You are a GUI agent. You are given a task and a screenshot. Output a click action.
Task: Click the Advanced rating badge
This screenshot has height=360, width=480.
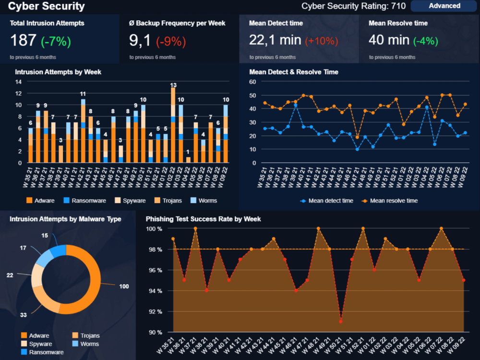(x=444, y=6)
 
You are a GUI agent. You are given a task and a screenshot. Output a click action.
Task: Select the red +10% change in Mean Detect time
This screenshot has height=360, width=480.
(x=322, y=41)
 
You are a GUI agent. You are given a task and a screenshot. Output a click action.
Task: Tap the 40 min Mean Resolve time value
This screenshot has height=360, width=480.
(x=388, y=41)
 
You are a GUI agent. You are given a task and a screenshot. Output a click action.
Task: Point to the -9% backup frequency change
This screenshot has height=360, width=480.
(x=171, y=41)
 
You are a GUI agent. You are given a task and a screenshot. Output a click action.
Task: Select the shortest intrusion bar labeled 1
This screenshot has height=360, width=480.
(x=188, y=160)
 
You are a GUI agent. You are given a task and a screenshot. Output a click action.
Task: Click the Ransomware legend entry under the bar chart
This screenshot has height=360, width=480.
(x=84, y=201)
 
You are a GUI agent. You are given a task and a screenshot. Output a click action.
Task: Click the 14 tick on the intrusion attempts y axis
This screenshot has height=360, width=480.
(x=19, y=82)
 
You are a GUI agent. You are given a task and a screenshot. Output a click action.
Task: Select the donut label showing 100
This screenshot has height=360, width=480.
(x=124, y=287)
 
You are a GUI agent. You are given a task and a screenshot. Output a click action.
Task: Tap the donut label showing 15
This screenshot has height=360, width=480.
(x=44, y=235)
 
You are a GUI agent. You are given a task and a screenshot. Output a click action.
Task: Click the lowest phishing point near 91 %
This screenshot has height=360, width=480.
(x=340, y=321)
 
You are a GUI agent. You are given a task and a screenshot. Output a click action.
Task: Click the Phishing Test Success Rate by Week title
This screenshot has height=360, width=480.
(x=203, y=219)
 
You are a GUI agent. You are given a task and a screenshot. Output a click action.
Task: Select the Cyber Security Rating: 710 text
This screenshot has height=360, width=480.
(x=353, y=6)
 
